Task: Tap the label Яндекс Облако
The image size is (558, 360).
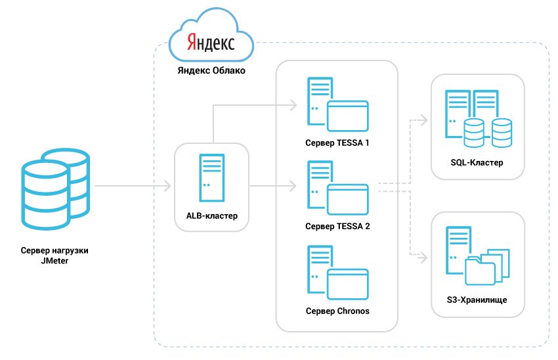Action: pyautogui.click(x=211, y=71)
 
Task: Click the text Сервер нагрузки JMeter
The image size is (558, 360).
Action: pyautogui.click(x=54, y=256)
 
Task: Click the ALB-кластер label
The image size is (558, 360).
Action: pyautogui.click(x=211, y=215)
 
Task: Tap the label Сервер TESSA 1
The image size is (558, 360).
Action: pyautogui.click(x=337, y=142)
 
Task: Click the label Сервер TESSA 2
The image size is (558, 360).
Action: pyautogui.click(x=337, y=226)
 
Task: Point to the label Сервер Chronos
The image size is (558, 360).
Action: pyautogui.click(x=337, y=310)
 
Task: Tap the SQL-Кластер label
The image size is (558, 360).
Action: pyautogui.click(x=477, y=162)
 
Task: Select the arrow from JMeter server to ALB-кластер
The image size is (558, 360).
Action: pyautogui.click(x=131, y=187)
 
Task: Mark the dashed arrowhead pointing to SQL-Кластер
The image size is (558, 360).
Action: pyautogui.click(x=423, y=121)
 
